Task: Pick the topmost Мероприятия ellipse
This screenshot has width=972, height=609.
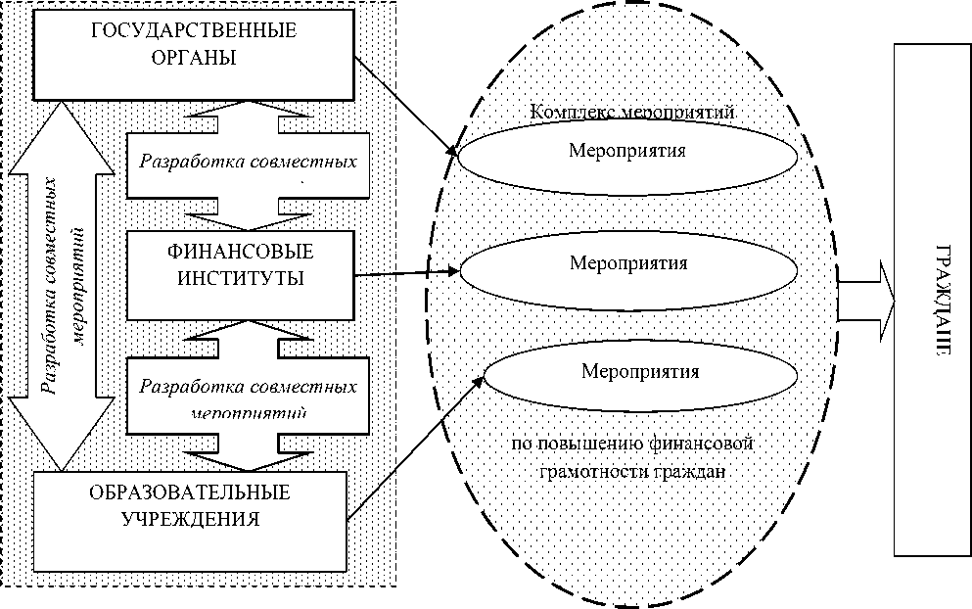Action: [626, 153]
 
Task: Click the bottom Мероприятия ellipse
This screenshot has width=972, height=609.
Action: [640, 372]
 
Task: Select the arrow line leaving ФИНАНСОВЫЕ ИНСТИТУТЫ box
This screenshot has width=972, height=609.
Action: [405, 272]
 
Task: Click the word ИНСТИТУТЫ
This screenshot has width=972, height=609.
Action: [241, 277]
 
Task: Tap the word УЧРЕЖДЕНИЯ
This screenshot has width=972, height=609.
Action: [190, 519]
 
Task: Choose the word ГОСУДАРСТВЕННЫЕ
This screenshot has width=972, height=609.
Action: [194, 29]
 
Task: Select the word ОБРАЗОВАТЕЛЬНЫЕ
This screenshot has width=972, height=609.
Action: [190, 492]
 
